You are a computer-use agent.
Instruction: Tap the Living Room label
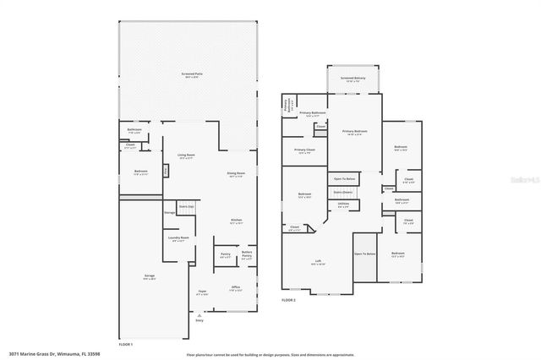[186, 155]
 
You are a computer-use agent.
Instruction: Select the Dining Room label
[236, 174]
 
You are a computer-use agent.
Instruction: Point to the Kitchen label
[238, 221]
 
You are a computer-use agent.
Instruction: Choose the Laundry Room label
[178, 238]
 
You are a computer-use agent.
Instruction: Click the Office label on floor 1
[236, 288]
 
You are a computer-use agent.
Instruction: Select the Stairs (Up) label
[186, 205]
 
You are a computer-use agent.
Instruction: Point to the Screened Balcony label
[352, 79]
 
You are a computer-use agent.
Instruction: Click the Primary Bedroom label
[354, 132]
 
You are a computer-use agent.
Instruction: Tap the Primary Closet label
[304, 151]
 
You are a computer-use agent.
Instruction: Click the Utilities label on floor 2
[343, 204]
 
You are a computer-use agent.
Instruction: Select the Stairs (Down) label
[343, 193]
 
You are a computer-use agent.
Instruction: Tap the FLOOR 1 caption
[126, 345]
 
